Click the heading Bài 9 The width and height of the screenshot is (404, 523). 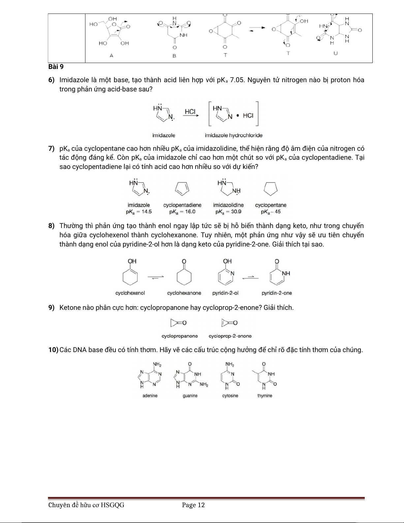point(56,67)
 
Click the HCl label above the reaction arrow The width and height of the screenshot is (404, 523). point(190,112)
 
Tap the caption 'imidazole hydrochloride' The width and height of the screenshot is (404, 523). point(233,135)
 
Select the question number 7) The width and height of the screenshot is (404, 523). point(51,149)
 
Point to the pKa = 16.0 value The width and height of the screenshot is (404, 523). point(182,212)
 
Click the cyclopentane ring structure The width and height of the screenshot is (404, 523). point(271,189)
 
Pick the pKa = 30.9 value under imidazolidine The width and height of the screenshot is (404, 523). point(228,212)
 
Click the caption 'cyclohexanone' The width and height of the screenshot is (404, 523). point(184,293)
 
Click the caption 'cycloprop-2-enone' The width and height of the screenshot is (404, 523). point(230,336)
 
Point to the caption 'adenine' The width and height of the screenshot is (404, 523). point(150,396)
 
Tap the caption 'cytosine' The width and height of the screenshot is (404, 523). point(230,396)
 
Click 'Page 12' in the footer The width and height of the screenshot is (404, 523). point(193,505)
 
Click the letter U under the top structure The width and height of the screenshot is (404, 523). point(335,53)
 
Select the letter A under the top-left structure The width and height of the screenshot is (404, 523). point(111,55)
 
